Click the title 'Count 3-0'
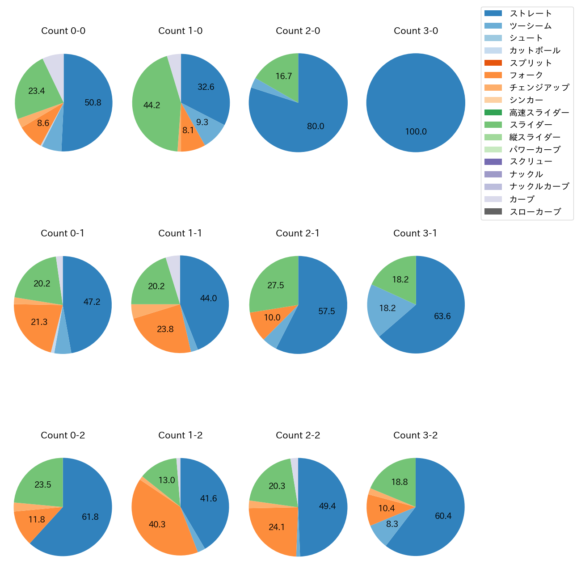click(x=416, y=31)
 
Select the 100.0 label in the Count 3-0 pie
click(x=416, y=132)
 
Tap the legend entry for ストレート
click(x=530, y=13)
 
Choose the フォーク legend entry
click(x=526, y=75)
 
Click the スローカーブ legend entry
click(x=535, y=212)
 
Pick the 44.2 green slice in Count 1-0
click(x=152, y=105)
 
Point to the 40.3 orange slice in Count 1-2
click(x=157, y=525)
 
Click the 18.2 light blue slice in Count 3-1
click(x=387, y=308)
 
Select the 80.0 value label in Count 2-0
click(x=316, y=126)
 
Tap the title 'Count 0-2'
click(x=63, y=435)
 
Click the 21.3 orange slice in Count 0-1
click(x=39, y=322)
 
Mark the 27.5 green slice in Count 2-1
click(x=276, y=286)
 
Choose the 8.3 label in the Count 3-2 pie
click(x=392, y=524)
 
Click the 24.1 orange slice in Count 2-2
click(x=277, y=527)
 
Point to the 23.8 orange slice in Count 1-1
click(x=165, y=329)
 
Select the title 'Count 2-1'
click(x=298, y=233)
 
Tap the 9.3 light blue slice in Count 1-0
click(x=202, y=122)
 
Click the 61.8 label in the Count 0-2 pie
click(x=90, y=517)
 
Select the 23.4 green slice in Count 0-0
click(x=37, y=91)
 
